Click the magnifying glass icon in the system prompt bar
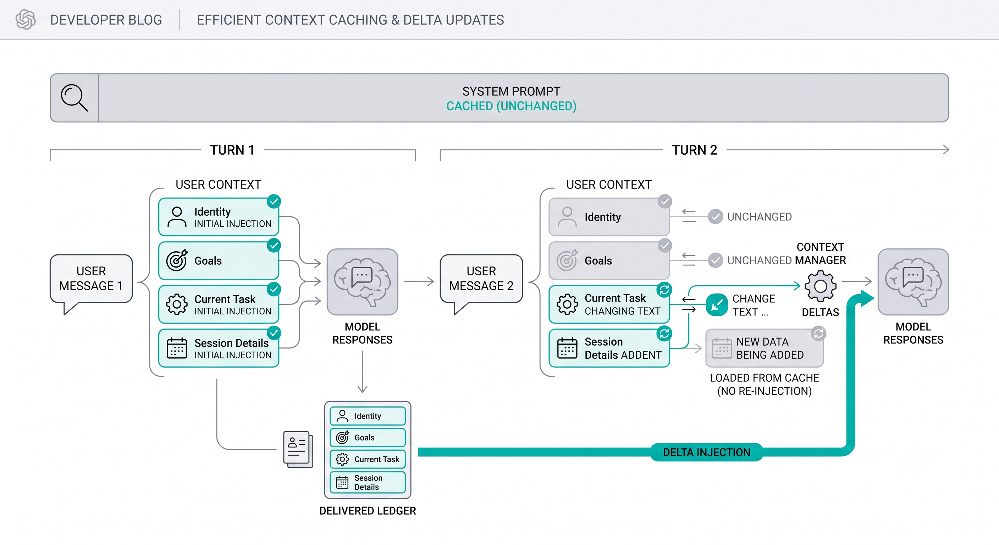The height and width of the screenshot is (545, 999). (x=74, y=98)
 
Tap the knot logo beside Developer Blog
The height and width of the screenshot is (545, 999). (x=26, y=20)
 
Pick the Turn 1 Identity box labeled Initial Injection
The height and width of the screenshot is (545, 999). (x=219, y=217)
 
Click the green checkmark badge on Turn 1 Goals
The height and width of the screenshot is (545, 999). (x=274, y=245)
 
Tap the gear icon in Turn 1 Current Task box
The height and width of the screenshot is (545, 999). (x=177, y=304)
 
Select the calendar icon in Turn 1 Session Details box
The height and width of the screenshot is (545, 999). (x=177, y=348)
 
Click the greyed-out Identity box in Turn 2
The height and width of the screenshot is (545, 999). (x=609, y=217)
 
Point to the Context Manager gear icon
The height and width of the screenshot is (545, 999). (x=820, y=286)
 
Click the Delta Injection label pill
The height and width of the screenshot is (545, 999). (x=707, y=452)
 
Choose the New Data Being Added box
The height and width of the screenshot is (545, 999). (x=765, y=348)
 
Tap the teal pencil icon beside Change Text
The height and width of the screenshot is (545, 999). (x=717, y=304)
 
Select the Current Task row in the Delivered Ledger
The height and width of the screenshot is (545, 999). (x=368, y=459)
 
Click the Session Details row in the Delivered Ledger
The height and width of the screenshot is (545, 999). (x=368, y=482)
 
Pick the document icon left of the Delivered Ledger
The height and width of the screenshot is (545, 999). (x=298, y=449)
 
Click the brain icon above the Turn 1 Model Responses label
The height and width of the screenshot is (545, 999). (x=362, y=282)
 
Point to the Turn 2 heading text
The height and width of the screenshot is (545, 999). (x=694, y=150)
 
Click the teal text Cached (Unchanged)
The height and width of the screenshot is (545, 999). (x=511, y=106)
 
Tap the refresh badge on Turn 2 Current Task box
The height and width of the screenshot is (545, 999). (x=664, y=290)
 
